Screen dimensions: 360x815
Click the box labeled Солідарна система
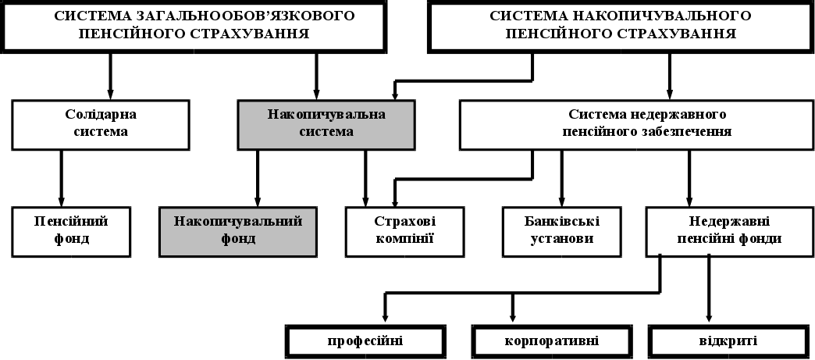(x=101, y=123)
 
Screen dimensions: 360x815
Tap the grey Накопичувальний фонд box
(x=238, y=231)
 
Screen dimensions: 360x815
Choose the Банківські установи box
(x=561, y=231)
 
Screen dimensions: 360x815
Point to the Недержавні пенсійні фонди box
(x=724, y=231)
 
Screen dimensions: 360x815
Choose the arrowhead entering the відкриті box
(x=709, y=316)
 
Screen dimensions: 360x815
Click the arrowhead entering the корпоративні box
(x=512, y=316)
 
